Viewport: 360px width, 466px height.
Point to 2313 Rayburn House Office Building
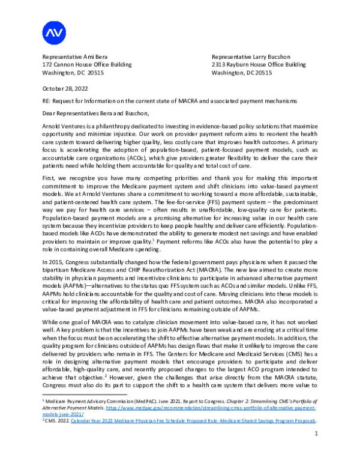click(259, 64)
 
